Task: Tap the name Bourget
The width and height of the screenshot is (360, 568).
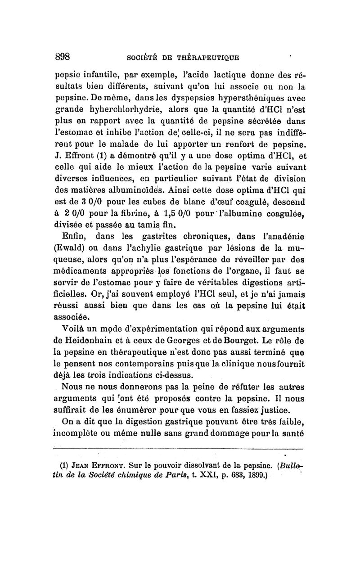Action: click(233, 338)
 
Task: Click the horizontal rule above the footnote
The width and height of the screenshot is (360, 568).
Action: click(178, 448)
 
